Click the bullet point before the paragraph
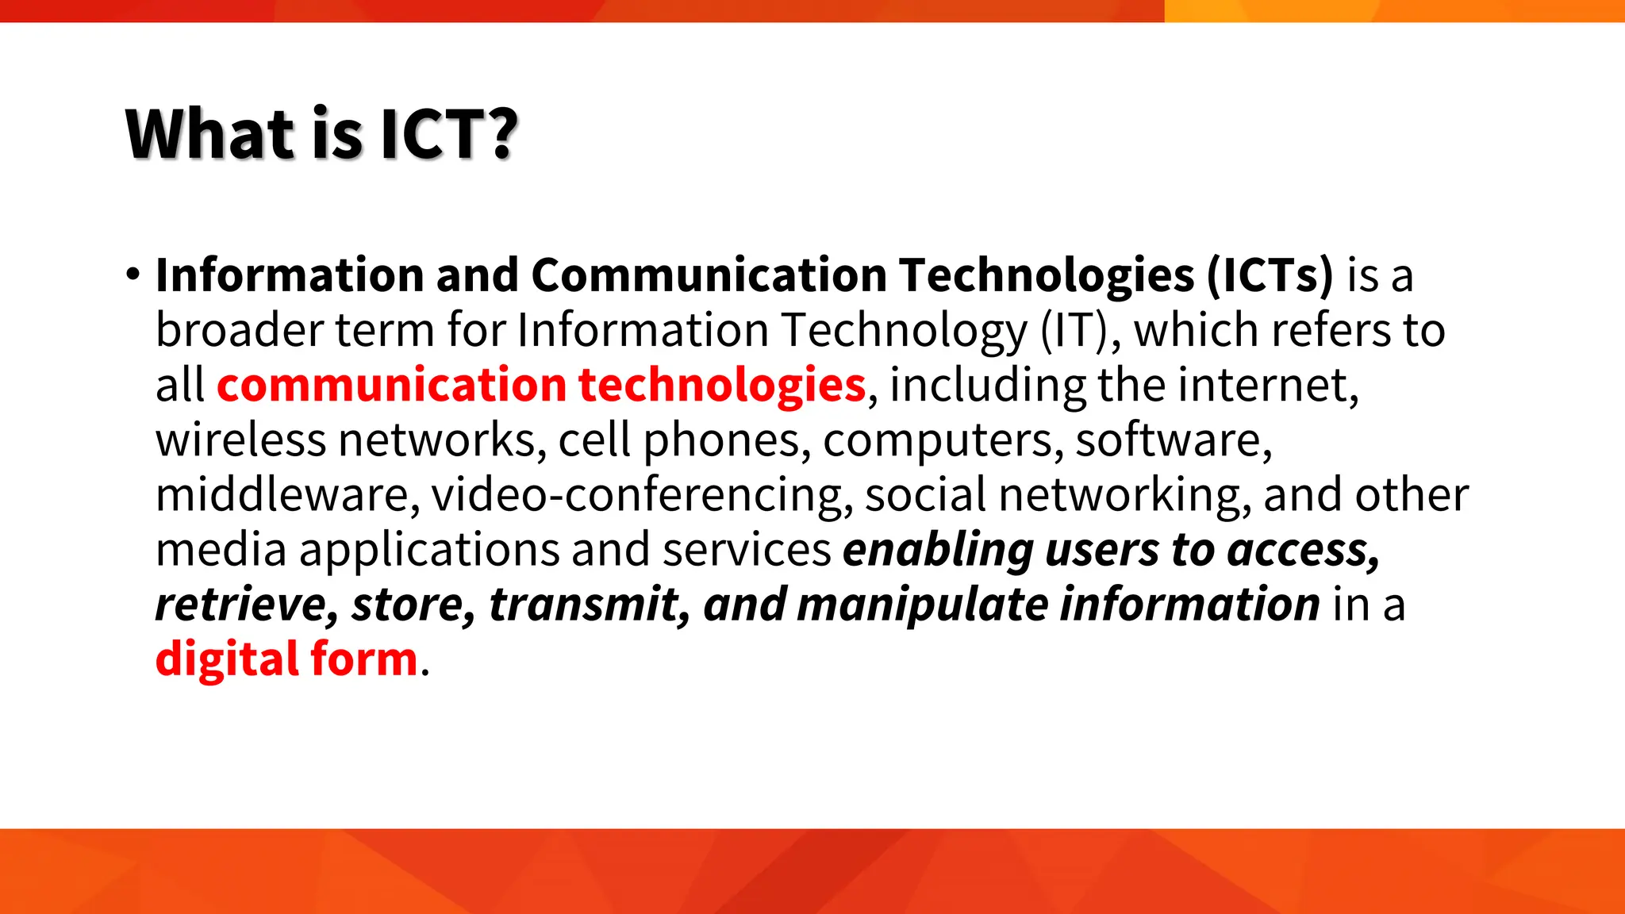pyautogui.click(x=133, y=275)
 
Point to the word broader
pyautogui.click(x=239, y=330)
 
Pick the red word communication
pyautogui.click(x=391, y=385)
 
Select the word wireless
pyautogui.click(x=240, y=440)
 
